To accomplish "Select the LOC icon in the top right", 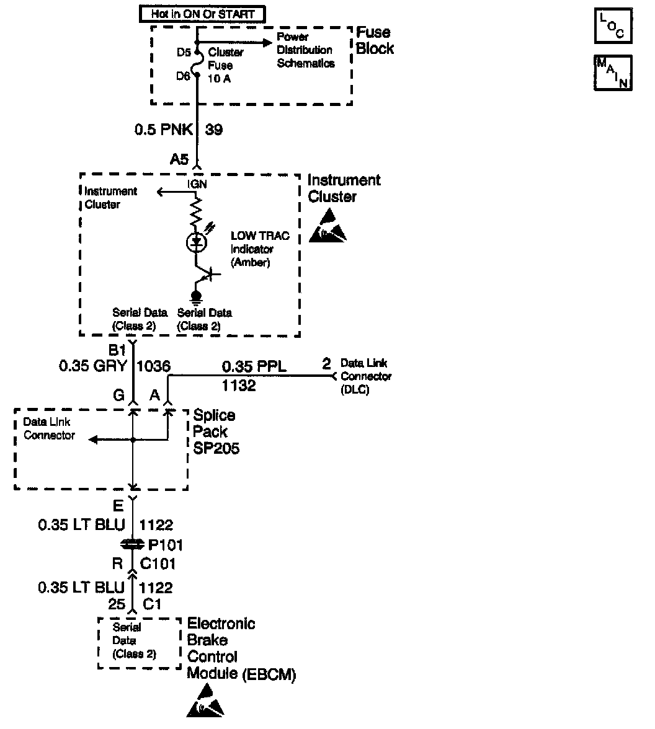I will click(613, 26).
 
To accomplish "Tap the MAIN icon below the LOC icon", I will click(613, 74).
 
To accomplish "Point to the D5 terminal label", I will click(183, 52).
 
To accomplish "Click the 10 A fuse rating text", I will click(220, 79).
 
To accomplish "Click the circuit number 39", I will click(214, 130).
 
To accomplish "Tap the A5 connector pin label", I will click(179, 159).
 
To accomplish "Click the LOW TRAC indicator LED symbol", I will click(197, 242).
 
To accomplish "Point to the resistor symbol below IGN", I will click(197, 213).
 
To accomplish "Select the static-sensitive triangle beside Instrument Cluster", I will click(327, 226).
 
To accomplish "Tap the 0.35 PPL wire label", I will click(254, 367).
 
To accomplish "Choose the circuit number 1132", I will click(239, 386).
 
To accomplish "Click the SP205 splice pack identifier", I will click(216, 448).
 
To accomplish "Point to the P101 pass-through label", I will click(165, 546).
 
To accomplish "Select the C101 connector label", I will click(159, 564).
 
